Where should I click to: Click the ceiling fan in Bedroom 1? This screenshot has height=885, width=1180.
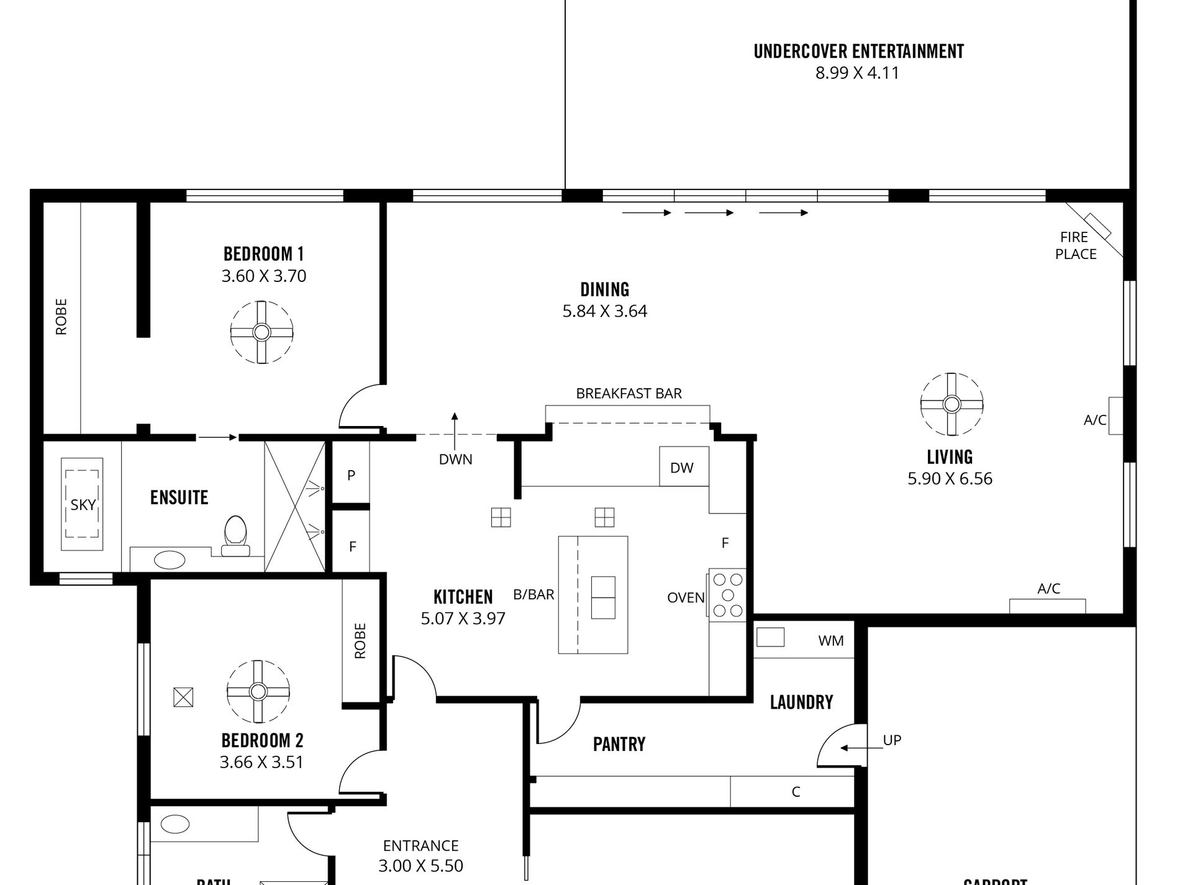pos(261,332)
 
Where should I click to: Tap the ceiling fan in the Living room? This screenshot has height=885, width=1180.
pos(951,404)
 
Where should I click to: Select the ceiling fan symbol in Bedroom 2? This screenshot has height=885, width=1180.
pos(258,691)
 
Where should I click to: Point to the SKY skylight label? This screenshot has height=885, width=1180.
pos(83,505)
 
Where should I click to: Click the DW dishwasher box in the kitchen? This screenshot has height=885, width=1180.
pos(683,467)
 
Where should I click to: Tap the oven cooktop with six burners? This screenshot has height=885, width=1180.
pos(727,595)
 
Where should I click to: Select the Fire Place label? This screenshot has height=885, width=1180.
pos(1076,245)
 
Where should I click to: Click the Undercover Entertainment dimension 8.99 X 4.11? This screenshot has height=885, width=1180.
pos(857,73)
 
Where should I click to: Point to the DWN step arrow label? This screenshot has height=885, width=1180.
pos(455,460)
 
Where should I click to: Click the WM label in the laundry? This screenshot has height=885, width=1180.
pos(830,641)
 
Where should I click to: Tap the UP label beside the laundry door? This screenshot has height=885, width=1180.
pos(892,740)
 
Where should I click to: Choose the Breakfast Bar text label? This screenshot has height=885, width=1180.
pos(629,394)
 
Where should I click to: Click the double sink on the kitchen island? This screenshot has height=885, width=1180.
pos(602,597)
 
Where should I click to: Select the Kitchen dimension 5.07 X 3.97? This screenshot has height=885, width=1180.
pos(463,619)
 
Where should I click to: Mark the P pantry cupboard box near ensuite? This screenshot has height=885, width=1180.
pos(351,475)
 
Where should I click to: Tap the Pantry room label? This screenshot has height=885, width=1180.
pos(619,744)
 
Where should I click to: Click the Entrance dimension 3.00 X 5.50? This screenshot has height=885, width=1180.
pos(420,866)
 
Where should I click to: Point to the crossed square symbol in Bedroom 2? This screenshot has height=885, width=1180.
pos(183,697)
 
